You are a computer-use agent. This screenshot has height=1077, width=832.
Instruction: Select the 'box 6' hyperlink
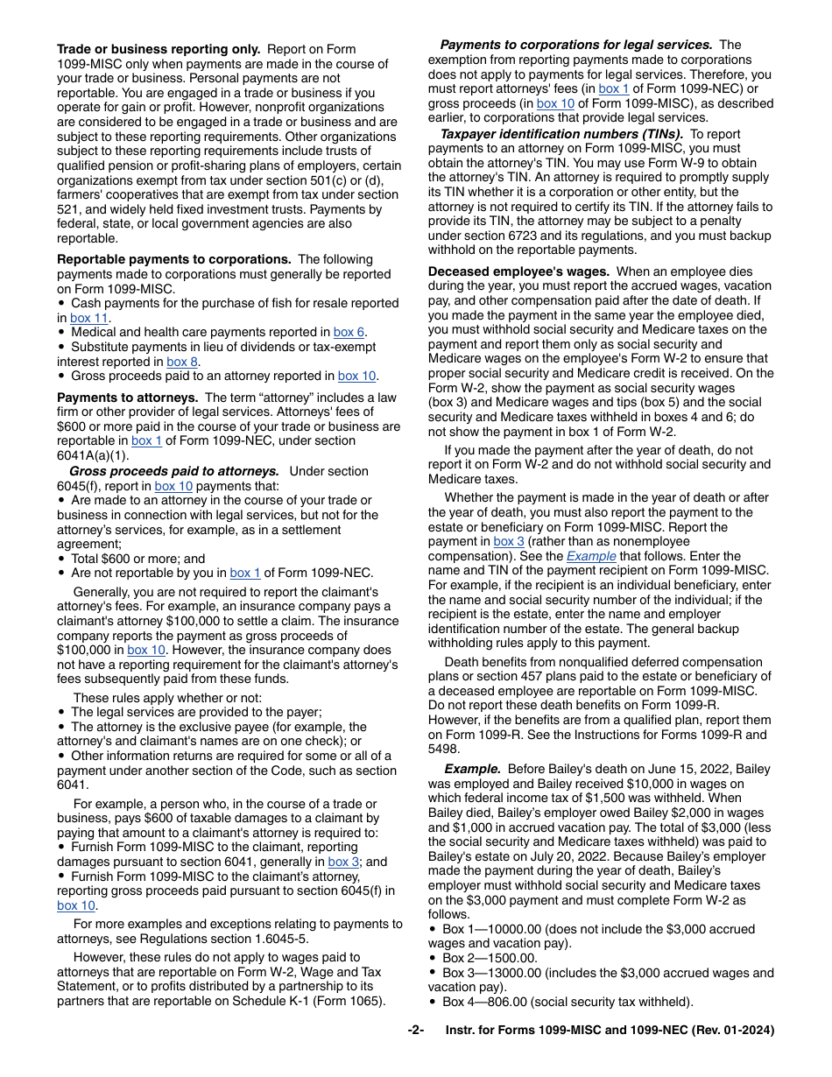[x=349, y=333]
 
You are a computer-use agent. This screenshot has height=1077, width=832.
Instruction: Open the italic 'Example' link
[x=591, y=556]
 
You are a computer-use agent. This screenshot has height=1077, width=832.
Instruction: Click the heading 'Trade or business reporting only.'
[x=159, y=50]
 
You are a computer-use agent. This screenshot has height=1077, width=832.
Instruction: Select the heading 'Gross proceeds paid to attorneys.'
[x=174, y=471]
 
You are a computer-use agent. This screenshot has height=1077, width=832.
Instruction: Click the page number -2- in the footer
[x=415, y=1031]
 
